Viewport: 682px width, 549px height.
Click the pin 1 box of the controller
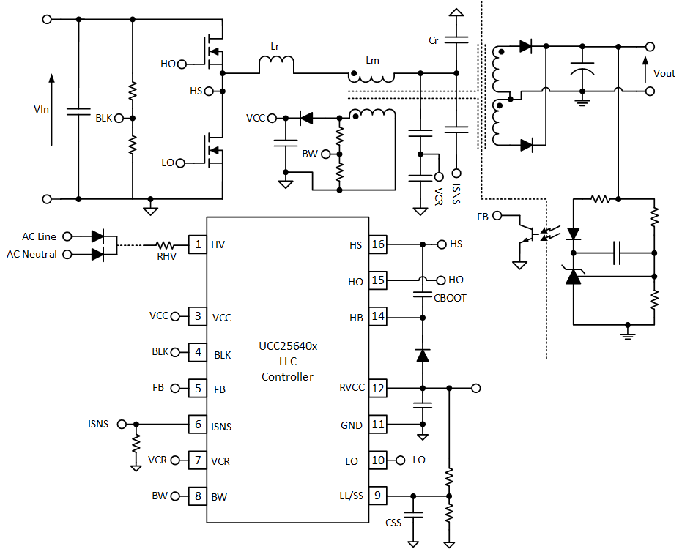(197, 244)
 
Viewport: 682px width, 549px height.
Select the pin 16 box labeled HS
(377, 244)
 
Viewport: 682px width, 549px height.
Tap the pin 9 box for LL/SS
(377, 496)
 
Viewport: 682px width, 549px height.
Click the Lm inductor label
(373, 61)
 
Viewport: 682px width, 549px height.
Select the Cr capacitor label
(434, 41)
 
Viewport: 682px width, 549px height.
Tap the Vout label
(664, 73)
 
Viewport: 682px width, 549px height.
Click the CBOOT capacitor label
(450, 298)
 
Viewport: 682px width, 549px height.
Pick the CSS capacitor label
(393, 523)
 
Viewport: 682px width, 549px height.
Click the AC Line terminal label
(39, 236)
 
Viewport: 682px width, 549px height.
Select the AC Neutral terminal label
(31, 254)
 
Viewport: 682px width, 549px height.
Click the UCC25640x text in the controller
(288, 346)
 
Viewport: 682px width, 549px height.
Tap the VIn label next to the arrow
(42, 109)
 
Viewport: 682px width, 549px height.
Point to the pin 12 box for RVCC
(377, 388)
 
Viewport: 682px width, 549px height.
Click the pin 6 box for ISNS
(197, 424)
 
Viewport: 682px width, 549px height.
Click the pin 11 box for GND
(377, 425)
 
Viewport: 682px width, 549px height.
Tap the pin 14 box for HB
(377, 317)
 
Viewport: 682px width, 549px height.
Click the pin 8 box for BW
(197, 496)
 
